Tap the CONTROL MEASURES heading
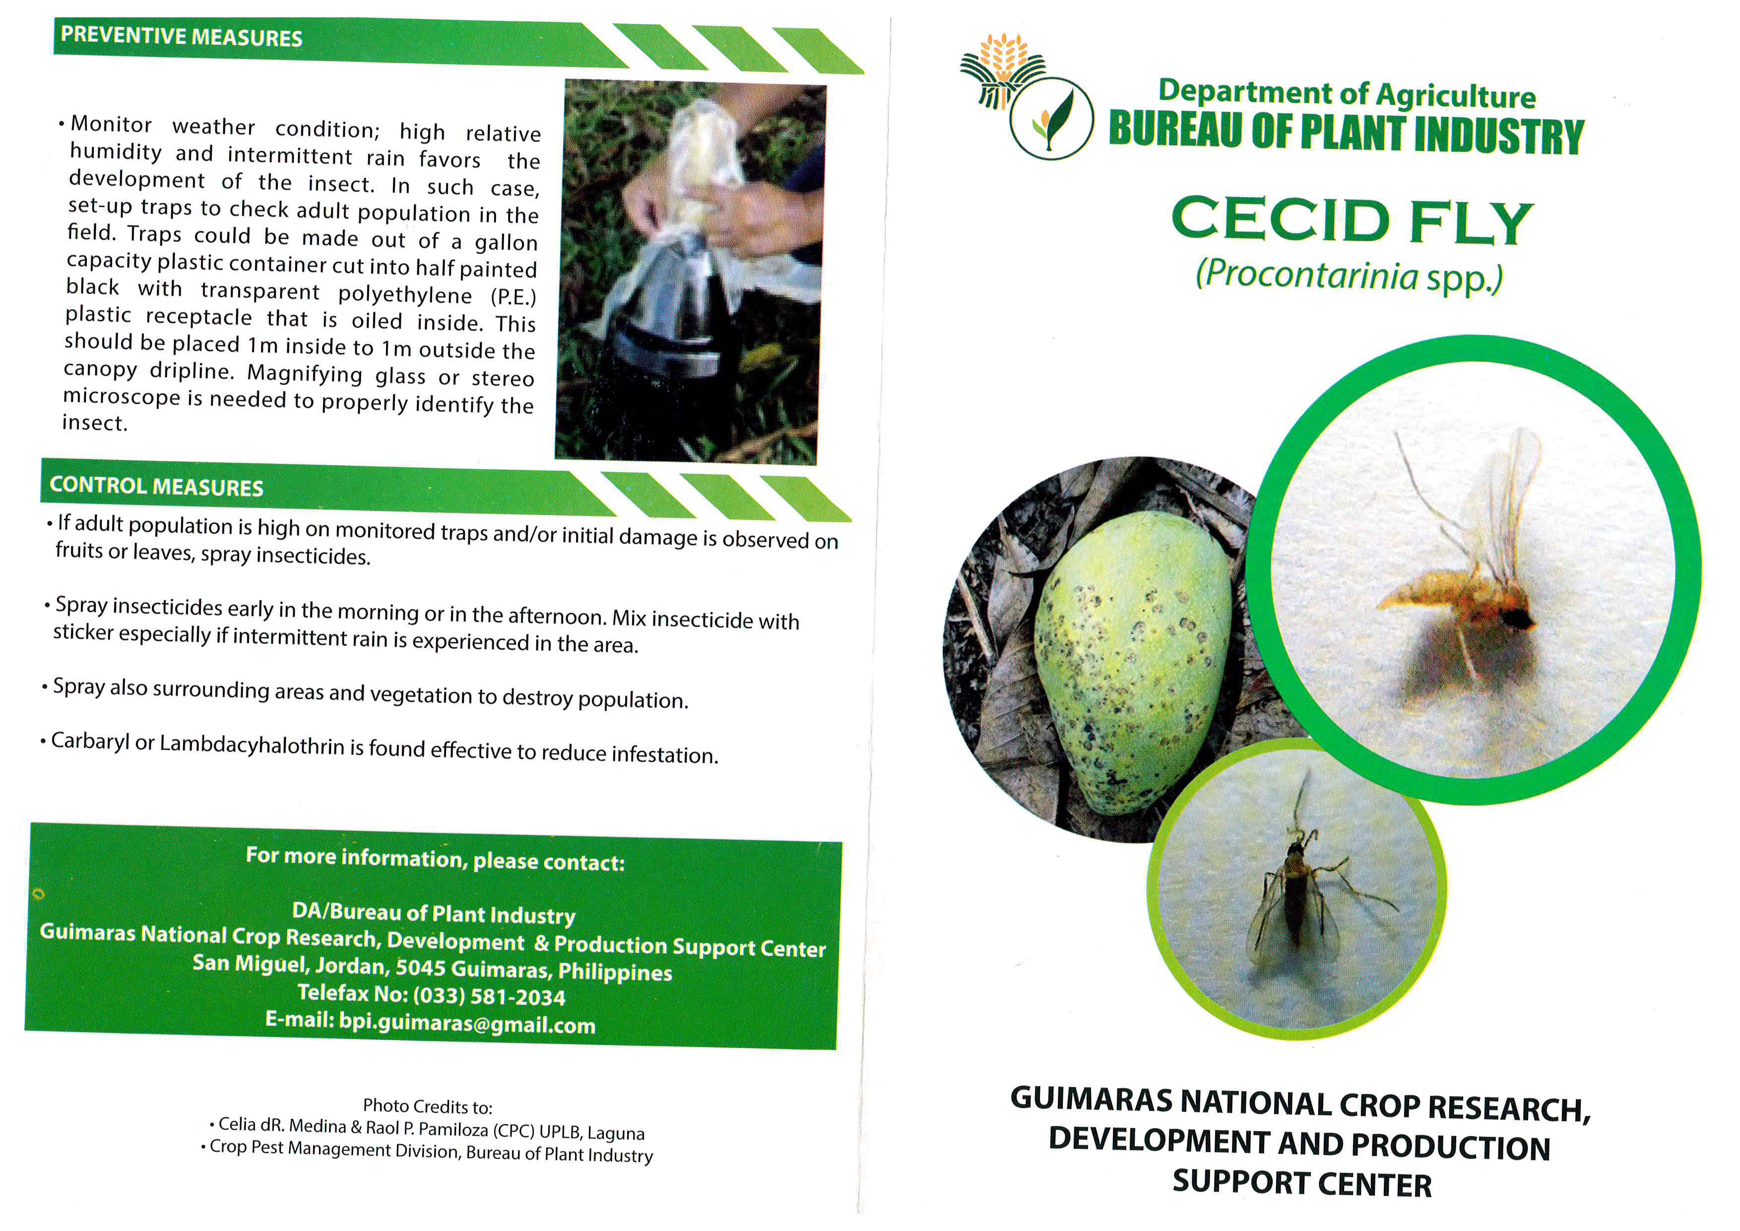coord(156,486)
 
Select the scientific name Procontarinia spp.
coord(1349,276)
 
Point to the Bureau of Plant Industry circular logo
coord(1051,118)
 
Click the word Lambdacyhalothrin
coord(253,745)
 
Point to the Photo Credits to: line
coord(427,1107)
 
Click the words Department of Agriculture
coord(1347,94)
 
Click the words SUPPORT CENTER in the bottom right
coord(1302,1184)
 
